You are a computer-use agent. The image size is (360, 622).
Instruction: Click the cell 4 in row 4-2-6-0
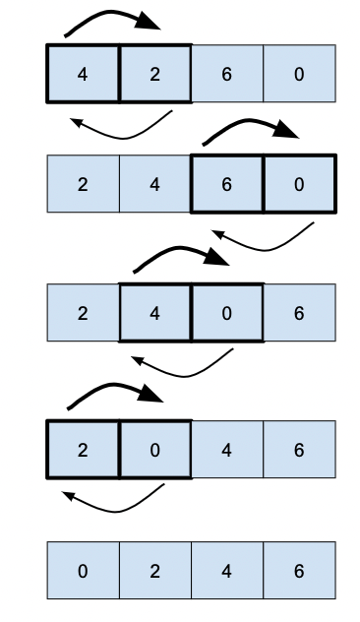tap(83, 73)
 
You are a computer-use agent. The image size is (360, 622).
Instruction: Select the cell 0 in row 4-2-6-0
tap(299, 73)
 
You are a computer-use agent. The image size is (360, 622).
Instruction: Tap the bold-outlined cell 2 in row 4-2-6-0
tap(154, 73)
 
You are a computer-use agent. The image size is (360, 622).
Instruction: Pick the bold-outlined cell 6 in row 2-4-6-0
tap(227, 183)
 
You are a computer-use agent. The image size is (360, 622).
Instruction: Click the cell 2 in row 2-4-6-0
tap(83, 183)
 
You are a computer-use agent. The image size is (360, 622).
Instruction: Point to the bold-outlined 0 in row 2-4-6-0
tap(299, 183)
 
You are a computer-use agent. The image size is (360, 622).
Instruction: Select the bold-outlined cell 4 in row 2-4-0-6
tap(154, 313)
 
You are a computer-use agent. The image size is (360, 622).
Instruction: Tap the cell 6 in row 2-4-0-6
tap(299, 313)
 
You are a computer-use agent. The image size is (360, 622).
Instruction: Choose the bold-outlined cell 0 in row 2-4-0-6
tap(227, 313)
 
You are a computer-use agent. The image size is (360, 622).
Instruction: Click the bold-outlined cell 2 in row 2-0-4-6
tap(83, 450)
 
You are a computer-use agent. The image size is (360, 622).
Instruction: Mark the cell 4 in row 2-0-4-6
tap(227, 450)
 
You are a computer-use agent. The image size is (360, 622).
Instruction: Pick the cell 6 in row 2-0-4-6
tap(299, 450)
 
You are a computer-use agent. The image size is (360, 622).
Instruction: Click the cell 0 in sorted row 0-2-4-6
tap(83, 571)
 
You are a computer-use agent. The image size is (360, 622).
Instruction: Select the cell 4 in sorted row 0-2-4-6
tap(227, 571)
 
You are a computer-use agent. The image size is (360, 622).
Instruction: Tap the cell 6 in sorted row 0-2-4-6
tap(299, 571)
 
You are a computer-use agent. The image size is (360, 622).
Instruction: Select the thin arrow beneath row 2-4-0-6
tap(187, 372)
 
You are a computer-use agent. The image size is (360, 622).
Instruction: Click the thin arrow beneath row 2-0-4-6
tap(113, 504)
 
